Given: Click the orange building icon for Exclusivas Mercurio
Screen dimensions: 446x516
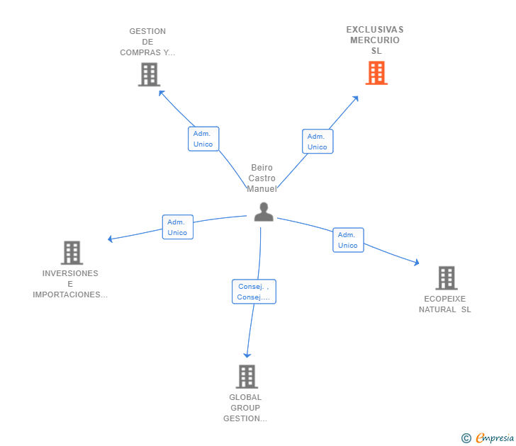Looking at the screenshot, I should [376, 73].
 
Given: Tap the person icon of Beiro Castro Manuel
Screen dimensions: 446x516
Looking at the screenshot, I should [264, 212].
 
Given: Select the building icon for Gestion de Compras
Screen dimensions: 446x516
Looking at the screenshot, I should [149, 74].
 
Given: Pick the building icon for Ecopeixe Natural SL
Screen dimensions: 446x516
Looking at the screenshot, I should [446, 278].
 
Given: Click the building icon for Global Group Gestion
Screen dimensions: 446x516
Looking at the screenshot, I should [246, 377].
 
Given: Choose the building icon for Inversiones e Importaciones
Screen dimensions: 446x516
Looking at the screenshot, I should [71, 253].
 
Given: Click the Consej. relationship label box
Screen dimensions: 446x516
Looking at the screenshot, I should [254, 292].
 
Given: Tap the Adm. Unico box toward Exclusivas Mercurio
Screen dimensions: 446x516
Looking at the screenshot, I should [318, 142].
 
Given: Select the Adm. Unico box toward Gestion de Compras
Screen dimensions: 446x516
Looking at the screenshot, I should [203, 139].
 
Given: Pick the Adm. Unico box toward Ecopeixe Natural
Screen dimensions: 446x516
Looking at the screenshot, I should [348, 240].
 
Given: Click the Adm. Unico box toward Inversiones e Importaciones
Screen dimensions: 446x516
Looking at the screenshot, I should [177, 227].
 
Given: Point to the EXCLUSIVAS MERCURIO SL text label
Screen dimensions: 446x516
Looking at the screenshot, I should [375, 40].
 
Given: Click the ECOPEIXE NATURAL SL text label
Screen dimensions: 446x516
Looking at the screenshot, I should [444, 304].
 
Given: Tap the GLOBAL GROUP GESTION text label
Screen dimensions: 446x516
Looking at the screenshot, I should [245, 408].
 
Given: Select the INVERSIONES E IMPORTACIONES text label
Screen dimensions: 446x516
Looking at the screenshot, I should [70, 284].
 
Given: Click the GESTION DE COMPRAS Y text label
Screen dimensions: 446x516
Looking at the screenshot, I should [147, 42].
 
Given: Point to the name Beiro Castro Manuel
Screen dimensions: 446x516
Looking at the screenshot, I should [262, 178].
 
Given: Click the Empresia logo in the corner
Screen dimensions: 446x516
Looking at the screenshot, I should [488, 438].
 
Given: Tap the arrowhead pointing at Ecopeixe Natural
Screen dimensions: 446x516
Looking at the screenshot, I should [417, 263].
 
